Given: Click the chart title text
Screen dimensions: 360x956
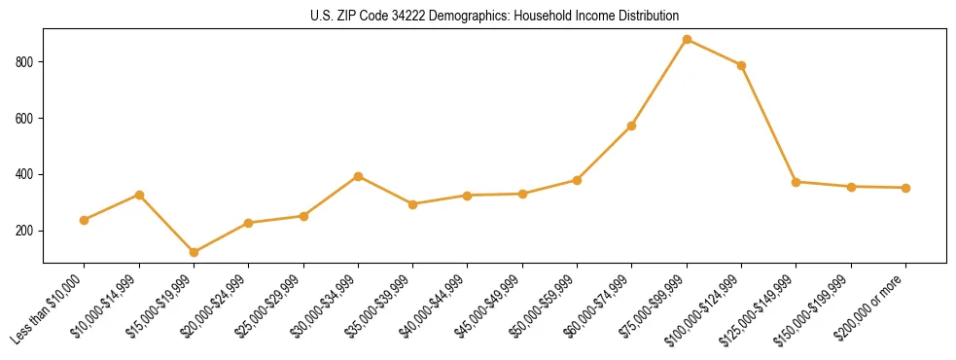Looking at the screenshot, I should (495, 16).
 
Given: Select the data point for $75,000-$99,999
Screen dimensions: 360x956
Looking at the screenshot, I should (687, 40).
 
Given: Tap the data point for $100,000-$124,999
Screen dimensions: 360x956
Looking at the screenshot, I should (741, 65).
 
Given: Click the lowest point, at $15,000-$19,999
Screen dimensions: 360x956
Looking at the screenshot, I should (194, 252).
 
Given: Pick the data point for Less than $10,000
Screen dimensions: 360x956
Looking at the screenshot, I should (85, 220).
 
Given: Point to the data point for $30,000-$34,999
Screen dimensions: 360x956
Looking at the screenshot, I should (358, 176).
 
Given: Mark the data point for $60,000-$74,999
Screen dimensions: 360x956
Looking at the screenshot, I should (632, 126).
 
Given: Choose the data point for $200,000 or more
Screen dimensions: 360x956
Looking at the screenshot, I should (905, 188).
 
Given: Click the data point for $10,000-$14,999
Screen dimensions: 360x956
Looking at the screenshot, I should (139, 195).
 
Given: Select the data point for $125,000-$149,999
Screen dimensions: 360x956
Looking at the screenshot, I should (797, 182).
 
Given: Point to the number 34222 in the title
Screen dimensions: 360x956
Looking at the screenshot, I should (409, 16).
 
